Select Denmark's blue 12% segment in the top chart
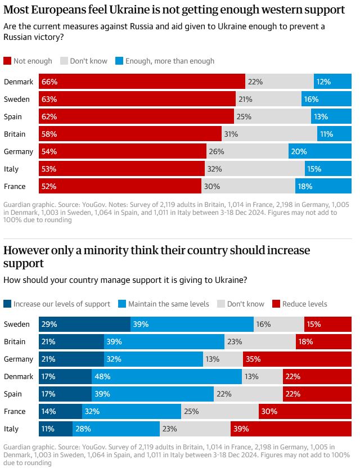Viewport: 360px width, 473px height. [x=332, y=82]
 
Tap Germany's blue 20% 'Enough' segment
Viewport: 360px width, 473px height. [x=320, y=151]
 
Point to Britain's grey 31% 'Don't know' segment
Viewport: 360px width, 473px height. [x=269, y=134]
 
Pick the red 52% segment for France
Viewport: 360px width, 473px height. [x=120, y=186]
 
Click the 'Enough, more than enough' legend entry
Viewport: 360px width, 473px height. [x=164, y=61]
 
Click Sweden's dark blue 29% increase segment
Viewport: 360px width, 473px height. [x=84, y=324]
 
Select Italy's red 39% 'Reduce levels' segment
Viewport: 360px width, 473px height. [x=291, y=429]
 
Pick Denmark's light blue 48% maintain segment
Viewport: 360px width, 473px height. [x=166, y=376]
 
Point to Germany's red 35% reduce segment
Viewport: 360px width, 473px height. [x=297, y=359]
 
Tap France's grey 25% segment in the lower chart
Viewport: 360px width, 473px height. [x=219, y=411]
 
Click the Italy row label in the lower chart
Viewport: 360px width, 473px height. [x=11, y=429]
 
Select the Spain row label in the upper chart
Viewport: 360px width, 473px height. [x=13, y=116]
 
